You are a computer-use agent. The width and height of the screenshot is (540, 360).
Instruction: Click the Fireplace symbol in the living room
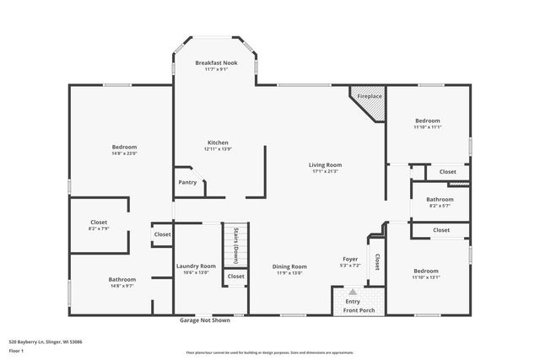pyautogui.click(x=367, y=96)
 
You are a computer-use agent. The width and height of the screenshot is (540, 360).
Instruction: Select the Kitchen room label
pyautogui.click(x=217, y=142)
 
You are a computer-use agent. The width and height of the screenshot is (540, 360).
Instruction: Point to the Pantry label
pyautogui.click(x=187, y=182)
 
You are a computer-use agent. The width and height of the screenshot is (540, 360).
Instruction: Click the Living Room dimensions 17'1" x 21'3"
pyautogui.click(x=325, y=171)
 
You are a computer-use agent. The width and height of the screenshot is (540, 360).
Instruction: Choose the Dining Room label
pyautogui.click(x=289, y=266)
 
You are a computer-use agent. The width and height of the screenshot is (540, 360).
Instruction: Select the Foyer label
pyautogui.click(x=350, y=259)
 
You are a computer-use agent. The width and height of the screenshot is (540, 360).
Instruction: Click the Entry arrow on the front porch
pyautogui.click(x=353, y=292)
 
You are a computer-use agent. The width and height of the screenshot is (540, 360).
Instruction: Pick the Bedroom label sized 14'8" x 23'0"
pyautogui.click(x=124, y=148)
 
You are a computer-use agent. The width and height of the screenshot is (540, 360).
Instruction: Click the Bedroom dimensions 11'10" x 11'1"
pyautogui.click(x=427, y=127)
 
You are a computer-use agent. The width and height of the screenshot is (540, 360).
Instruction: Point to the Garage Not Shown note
pyautogui.click(x=204, y=320)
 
